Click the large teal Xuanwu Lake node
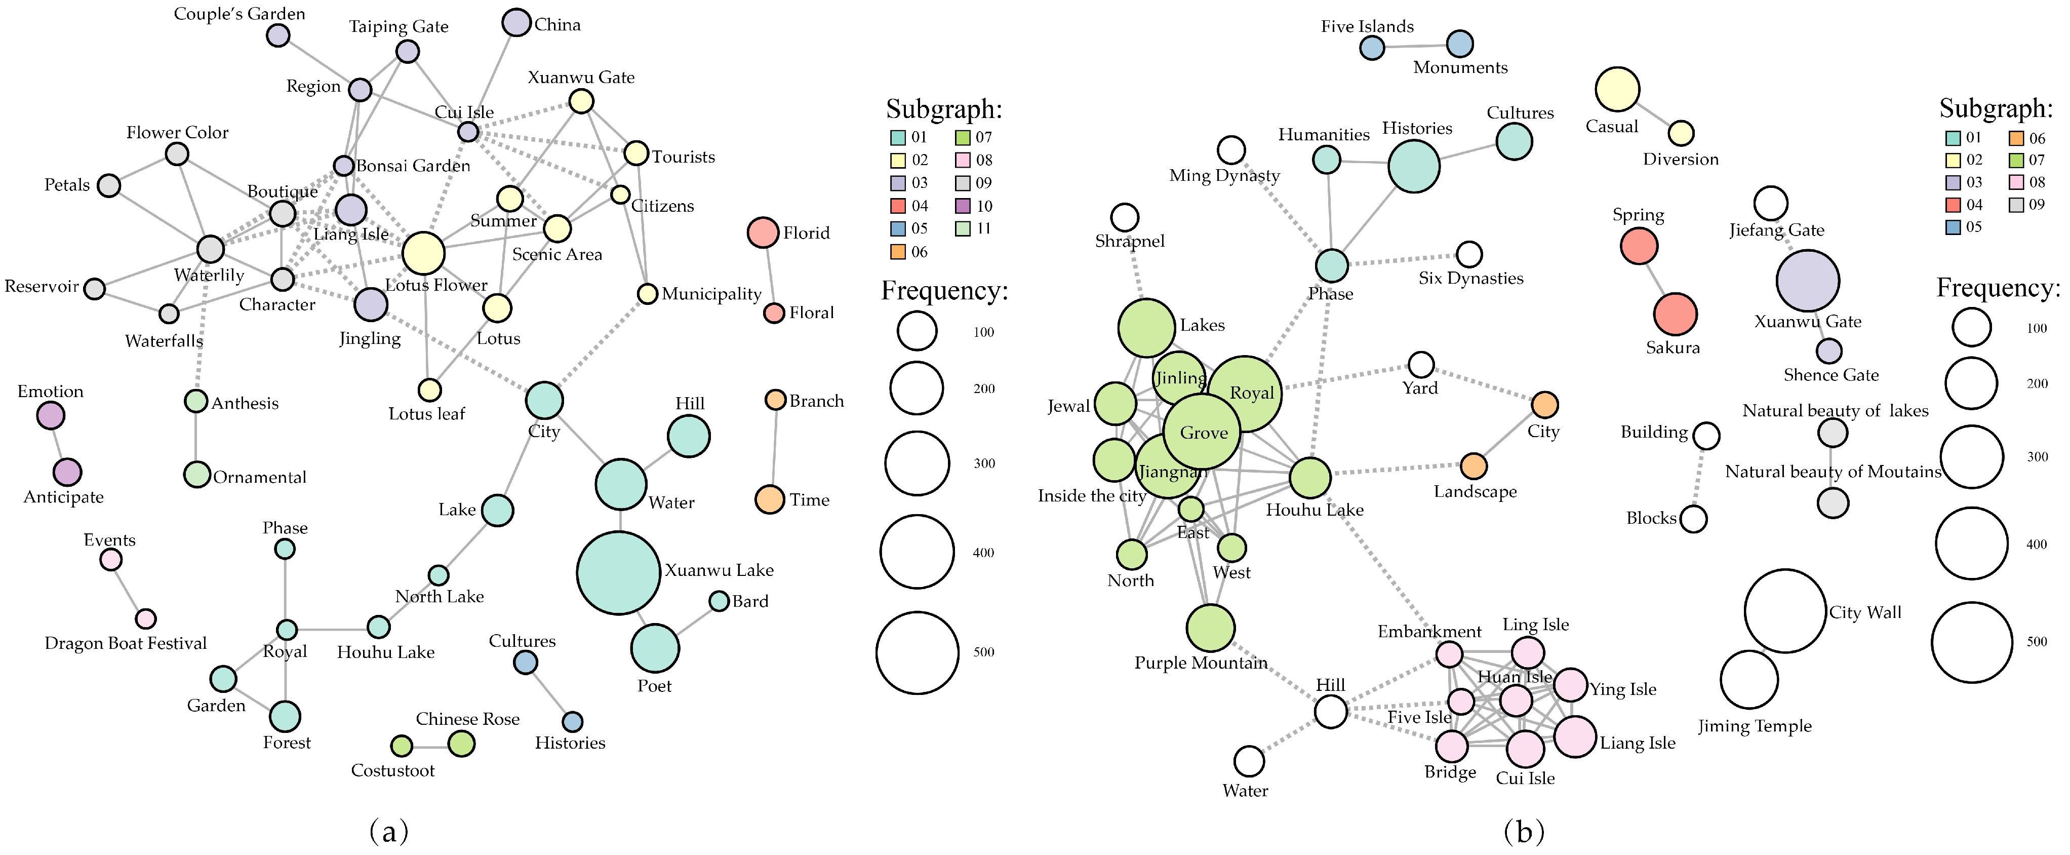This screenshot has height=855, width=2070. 618,572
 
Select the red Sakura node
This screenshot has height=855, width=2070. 1675,314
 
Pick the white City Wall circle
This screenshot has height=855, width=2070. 1785,611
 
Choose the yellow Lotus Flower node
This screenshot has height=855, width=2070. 423,253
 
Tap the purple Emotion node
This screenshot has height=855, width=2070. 51,415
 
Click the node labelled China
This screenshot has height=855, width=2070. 516,22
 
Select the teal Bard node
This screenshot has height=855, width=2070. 719,601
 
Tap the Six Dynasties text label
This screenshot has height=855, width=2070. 1470,278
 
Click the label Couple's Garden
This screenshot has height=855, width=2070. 240,14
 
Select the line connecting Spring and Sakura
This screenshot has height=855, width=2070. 1657,280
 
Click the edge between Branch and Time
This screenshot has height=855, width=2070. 773,449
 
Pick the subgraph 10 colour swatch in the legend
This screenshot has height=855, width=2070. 963,206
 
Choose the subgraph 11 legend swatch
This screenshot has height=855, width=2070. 963,228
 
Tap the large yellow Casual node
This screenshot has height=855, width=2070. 1617,89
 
